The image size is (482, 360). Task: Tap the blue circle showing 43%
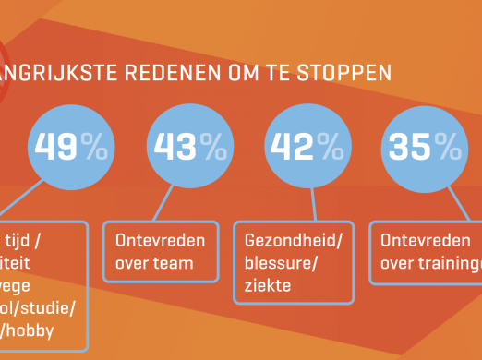click(189, 148)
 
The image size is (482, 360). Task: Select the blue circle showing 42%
click(306, 148)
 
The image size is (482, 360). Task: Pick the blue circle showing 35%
click(424, 148)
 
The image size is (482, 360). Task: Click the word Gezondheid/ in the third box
click(292, 242)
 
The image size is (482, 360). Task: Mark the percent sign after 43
click(212, 147)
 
